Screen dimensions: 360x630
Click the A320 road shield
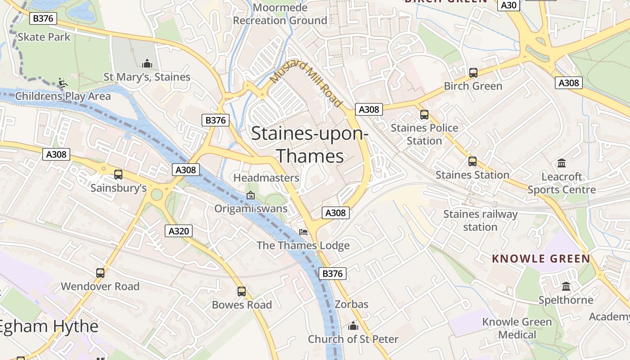click(x=179, y=231)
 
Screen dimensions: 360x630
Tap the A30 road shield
click(x=508, y=5)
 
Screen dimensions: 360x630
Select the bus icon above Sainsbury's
click(x=118, y=175)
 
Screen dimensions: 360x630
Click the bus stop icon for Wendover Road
click(x=100, y=273)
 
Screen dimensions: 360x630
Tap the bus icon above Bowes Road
click(x=242, y=292)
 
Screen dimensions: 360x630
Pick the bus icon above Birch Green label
click(x=473, y=73)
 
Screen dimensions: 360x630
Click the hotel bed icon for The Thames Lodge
click(x=304, y=232)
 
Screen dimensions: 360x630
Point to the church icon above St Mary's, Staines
click(x=147, y=64)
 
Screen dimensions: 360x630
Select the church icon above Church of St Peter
click(x=353, y=325)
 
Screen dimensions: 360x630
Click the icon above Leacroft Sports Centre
click(x=562, y=163)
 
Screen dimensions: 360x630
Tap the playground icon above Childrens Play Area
click(x=63, y=83)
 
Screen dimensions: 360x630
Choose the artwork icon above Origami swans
click(x=251, y=195)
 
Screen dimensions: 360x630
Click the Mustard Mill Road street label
click(x=306, y=83)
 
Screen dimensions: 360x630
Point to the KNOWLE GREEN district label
click(x=540, y=259)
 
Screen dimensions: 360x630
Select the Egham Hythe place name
click(x=49, y=327)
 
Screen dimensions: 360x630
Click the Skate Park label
click(x=44, y=37)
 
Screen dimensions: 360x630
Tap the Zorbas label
click(x=351, y=305)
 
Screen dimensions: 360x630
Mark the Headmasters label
click(x=266, y=178)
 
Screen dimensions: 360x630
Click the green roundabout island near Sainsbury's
click(x=157, y=195)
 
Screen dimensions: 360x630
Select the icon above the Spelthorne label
click(x=566, y=286)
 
